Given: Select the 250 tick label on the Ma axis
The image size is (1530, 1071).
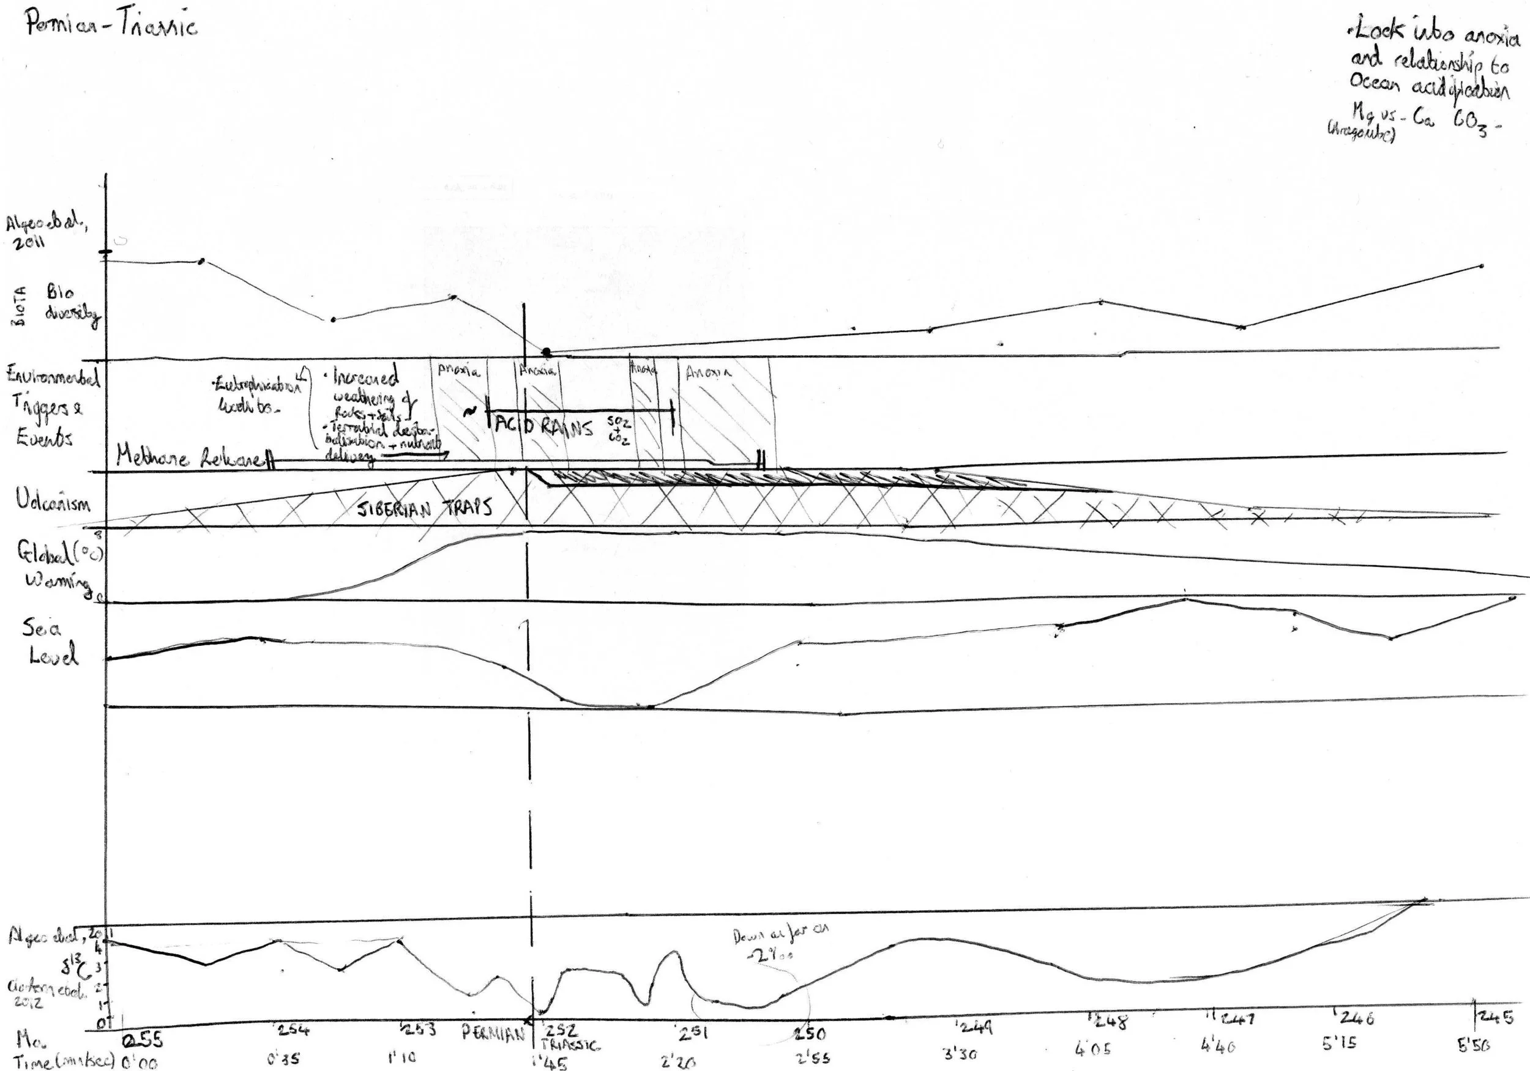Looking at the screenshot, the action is point(810,1034).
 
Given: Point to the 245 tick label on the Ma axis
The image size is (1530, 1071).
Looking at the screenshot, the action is point(1495,1017).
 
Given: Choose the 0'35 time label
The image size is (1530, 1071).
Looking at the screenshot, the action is point(285,1058).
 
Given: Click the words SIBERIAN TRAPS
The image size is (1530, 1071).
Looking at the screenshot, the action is point(425,509).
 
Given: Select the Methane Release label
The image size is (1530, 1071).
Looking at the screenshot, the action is point(190,457).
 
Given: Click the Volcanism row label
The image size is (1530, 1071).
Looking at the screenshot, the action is point(53,501).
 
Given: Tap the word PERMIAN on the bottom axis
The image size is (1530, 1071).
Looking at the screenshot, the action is point(493,1034).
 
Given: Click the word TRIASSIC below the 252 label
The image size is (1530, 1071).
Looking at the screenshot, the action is point(570,1045).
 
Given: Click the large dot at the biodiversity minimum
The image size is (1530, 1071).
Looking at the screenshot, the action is point(547,352).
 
